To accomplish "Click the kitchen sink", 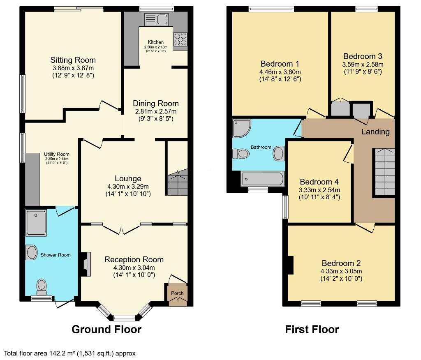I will pos(156,19).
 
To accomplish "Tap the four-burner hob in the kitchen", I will pos(180,39).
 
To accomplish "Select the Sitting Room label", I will pos(73,60).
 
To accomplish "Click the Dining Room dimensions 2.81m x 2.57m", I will pos(155,111).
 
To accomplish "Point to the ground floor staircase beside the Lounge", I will pos(177,183).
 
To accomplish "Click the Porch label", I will pos(178,293).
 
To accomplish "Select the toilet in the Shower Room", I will pos(42,286).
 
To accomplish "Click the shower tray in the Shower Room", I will pos(36,222).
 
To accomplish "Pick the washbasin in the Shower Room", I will pos(31,252).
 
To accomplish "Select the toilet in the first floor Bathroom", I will pos(241,154).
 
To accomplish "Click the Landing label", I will pos(375,132).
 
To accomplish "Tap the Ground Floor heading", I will pos(106,329).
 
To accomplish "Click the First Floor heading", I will pos(312,329).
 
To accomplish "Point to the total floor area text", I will pos(70,353).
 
